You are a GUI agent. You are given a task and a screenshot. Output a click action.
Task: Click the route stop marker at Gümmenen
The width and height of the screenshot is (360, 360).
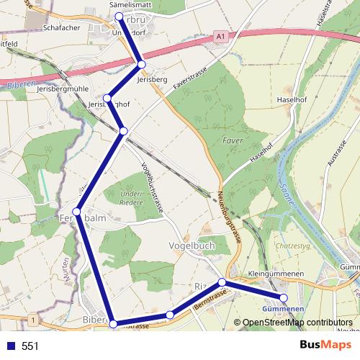click(x=284, y=297)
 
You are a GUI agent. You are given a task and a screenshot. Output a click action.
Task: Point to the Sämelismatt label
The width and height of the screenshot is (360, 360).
click(x=130, y=4)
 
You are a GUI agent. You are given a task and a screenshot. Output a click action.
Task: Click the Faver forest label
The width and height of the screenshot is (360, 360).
click(x=231, y=140)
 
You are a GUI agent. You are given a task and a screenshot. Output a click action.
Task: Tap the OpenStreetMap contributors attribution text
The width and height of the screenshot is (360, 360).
click(x=297, y=323)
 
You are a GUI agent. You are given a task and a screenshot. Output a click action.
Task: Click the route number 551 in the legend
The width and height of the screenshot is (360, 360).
click(x=30, y=346)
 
